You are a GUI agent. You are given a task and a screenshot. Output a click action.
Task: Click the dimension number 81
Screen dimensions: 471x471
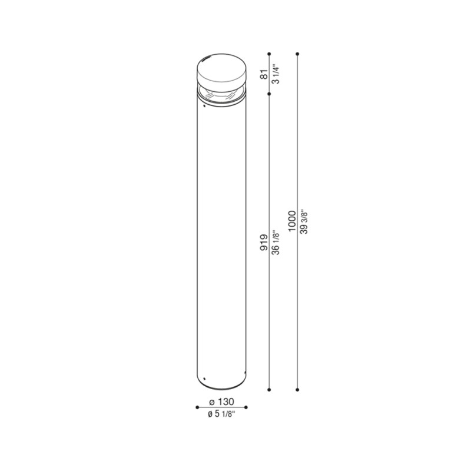[x=264, y=74]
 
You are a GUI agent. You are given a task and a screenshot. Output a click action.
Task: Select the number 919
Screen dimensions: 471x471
[x=264, y=242]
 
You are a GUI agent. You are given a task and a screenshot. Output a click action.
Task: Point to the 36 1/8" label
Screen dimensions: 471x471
[x=276, y=242]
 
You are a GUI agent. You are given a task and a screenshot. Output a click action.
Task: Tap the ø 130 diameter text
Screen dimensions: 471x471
[x=221, y=402]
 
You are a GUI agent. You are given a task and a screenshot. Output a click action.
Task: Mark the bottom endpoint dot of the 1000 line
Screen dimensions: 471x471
[x=298, y=389]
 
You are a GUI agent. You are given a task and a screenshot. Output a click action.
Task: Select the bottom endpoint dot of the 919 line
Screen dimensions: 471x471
[x=269, y=389]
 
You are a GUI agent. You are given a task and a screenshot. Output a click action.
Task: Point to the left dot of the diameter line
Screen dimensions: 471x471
[x=196, y=407]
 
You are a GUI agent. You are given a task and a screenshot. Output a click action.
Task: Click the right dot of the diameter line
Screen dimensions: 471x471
[x=246, y=407]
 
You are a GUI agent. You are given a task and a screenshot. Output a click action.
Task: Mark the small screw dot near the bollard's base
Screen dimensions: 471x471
[x=204, y=377]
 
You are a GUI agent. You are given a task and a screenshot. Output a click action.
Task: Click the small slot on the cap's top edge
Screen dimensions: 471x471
[x=207, y=58]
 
